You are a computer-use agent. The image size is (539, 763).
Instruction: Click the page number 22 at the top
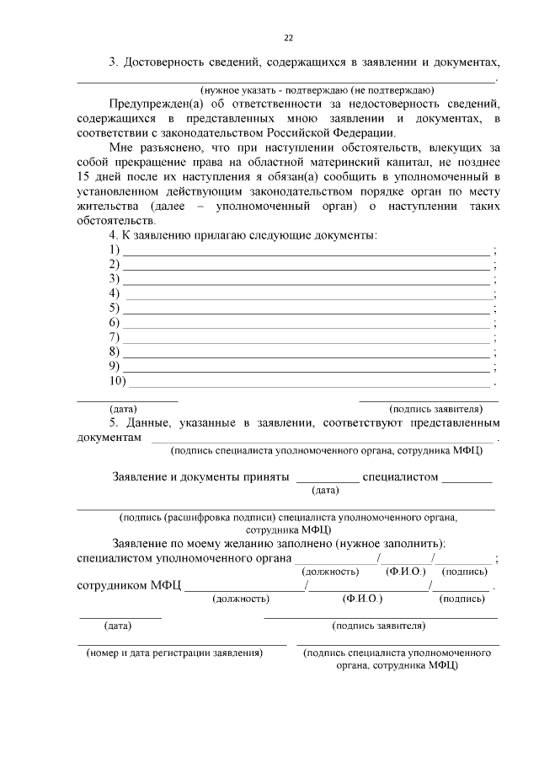pos(288,38)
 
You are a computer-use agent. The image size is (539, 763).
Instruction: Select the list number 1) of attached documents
pos(114,250)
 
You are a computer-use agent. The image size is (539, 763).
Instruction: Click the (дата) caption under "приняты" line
pos(325,490)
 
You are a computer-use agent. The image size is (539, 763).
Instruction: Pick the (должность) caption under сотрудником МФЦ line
pos(241,599)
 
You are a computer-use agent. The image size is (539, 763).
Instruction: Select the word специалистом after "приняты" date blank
pos(400,476)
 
